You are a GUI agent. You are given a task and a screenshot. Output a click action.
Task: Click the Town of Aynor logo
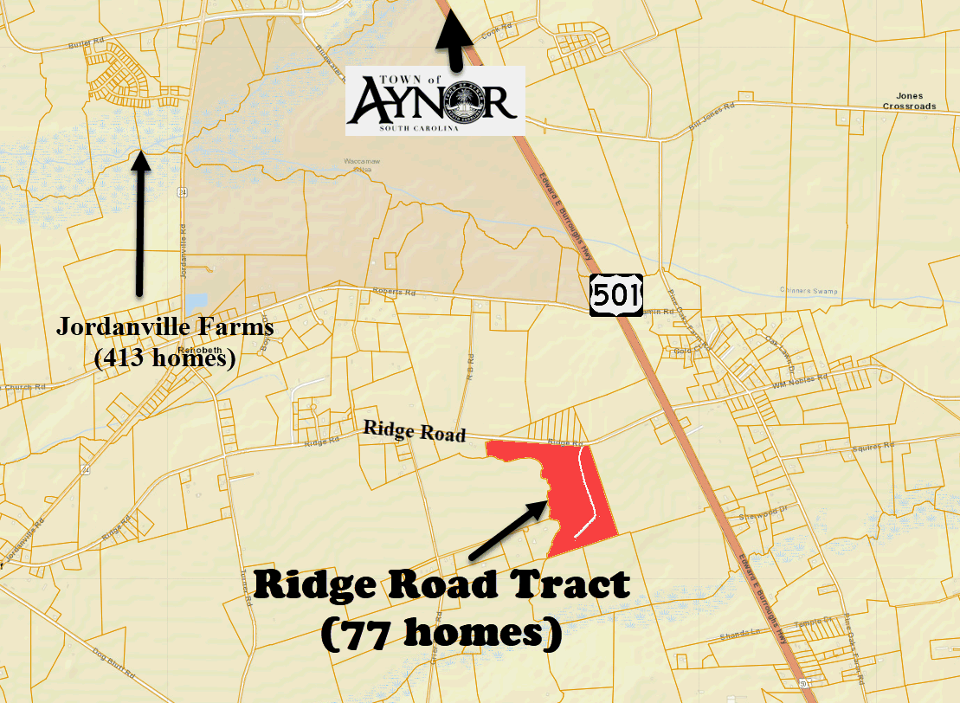tap(435, 100)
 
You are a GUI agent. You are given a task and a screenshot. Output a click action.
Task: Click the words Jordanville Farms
tap(164, 328)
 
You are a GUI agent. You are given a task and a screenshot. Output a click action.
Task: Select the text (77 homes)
tap(441, 635)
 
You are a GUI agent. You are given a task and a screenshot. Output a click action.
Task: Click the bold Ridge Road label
tap(415, 430)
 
